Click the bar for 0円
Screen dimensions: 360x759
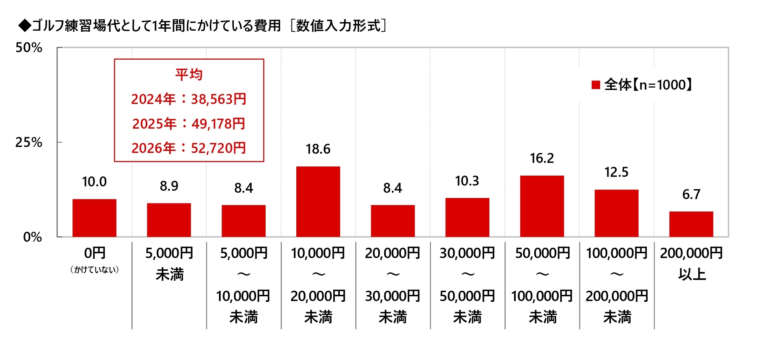[x=94, y=218]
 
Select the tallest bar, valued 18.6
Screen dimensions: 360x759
[x=318, y=202]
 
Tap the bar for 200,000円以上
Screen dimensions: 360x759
[x=691, y=224]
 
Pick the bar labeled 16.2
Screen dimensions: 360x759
[x=542, y=206]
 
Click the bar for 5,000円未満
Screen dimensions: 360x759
[x=169, y=220]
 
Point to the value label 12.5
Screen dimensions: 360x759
[x=616, y=172]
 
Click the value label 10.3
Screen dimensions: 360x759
[x=467, y=181]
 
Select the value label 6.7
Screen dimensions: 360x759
[x=691, y=194]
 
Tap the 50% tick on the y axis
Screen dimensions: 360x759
[x=29, y=48]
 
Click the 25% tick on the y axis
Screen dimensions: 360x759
[x=29, y=142]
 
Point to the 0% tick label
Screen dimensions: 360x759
[x=32, y=237]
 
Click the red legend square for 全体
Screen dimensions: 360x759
[x=596, y=85]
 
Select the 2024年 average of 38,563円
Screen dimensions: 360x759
[x=189, y=99]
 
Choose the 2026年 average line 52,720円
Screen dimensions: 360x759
[x=189, y=148]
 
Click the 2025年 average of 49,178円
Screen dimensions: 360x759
[x=189, y=124]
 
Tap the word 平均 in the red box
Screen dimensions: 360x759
[x=189, y=74]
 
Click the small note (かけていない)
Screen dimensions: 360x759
[x=94, y=270]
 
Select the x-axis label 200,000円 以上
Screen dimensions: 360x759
[x=691, y=263]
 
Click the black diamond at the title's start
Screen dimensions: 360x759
[x=25, y=25]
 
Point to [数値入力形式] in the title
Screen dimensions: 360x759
[x=338, y=25]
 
